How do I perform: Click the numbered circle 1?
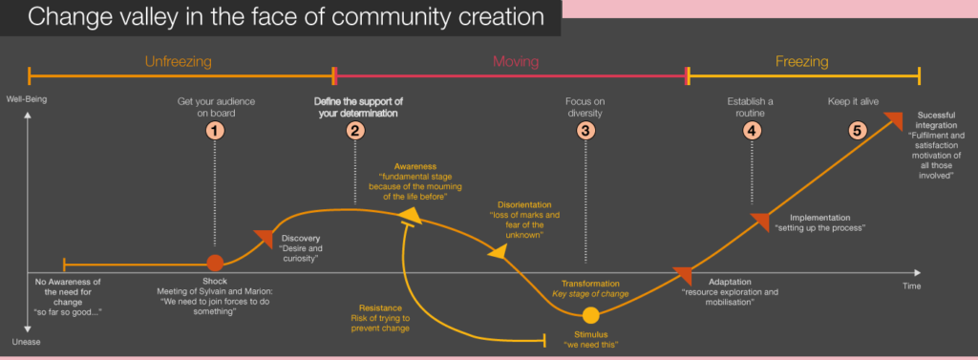[216, 131]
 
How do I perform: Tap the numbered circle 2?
[355, 131]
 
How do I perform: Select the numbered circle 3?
[585, 131]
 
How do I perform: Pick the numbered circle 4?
[753, 131]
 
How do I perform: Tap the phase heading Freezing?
[801, 62]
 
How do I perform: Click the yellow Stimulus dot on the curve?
[591, 315]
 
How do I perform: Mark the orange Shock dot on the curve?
[216, 263]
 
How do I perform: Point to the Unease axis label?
[27, 341]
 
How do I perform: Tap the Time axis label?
[912, 286]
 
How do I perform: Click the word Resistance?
[373, 307]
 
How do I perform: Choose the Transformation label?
[590, 284]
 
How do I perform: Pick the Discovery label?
[301, 238]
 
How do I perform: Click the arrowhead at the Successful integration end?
[893, 120]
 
